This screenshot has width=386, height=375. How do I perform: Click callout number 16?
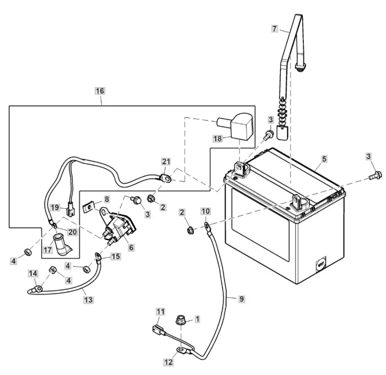(100, 91)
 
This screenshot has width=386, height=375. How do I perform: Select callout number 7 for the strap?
(275, 29)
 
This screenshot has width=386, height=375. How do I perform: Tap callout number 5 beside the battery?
(324, 159)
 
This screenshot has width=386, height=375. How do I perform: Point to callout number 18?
(217, 139)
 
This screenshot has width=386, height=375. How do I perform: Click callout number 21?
(166, 161)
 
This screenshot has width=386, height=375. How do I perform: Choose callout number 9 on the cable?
(241, 299)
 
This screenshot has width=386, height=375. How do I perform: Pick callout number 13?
(88, 299)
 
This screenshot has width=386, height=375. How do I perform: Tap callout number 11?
(161, 311)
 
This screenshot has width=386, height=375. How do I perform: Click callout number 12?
(169, 362)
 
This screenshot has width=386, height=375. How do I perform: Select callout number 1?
(197, 319)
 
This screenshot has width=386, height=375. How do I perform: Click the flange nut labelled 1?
(181, 320)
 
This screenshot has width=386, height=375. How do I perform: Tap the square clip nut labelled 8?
(89, 207)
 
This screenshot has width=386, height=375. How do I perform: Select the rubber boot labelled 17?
(62, 245)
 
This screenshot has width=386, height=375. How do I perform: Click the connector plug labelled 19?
(70, 211)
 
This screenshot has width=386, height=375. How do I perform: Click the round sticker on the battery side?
(320, 264)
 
